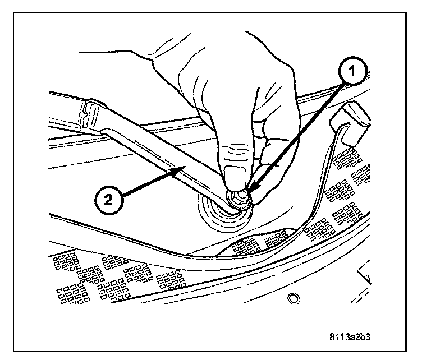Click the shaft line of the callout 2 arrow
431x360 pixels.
coord(149,183)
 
